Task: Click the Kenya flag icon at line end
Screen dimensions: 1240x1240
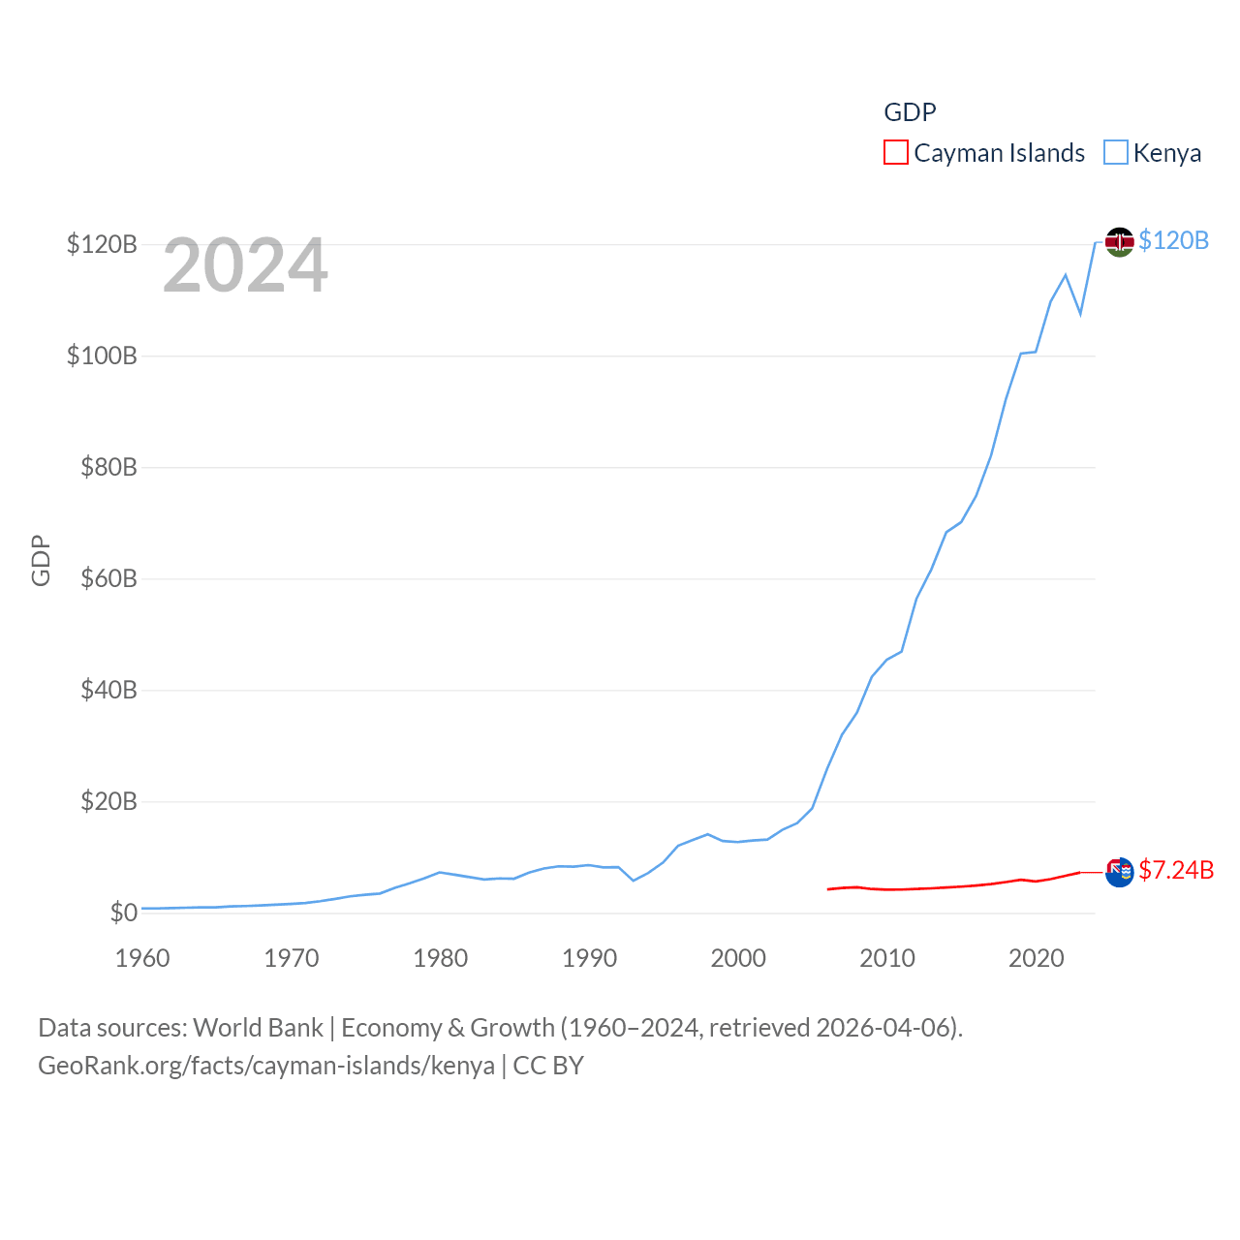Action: (x=1119, y=241)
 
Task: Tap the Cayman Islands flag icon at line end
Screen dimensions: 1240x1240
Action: (x=1119, y=872)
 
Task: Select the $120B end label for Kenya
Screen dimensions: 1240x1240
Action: (x=1173, y=240)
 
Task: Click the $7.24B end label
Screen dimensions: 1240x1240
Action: (x=1176, y=870)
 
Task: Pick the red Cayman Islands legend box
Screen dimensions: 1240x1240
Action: (x=896, y=153)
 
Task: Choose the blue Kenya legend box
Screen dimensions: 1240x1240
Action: (x=1116, y=153)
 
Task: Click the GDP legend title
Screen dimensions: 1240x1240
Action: (x=910, y=112)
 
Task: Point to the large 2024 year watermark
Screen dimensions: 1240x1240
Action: (x=245, y=265)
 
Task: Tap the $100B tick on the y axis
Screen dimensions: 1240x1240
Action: (x=102, y=356)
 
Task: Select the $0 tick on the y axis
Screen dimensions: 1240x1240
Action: (x=123, y=913)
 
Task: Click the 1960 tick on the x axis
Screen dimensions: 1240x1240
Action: (x=142, y=958)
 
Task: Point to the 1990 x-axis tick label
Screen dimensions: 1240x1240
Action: (x=589, y=958)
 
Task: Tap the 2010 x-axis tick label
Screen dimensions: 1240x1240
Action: (x=887, y=958)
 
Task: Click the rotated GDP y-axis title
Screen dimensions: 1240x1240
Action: (x=41, y=560)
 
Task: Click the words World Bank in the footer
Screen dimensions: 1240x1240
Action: (x=258, y=1028)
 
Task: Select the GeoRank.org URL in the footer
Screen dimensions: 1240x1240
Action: (x=265, y=1066)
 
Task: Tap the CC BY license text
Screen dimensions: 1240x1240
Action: (x=548, y=1066)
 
